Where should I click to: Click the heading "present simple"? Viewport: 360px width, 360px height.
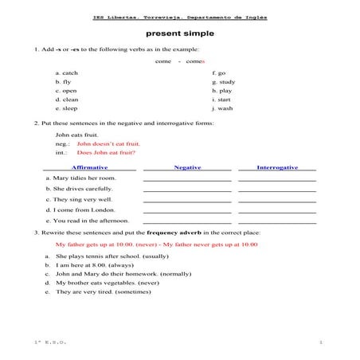(179, 34)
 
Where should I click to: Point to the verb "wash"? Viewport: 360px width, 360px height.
(225, 108)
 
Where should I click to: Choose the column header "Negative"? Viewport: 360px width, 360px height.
(187, 167)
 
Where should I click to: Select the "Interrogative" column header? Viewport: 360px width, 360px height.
(277, 167)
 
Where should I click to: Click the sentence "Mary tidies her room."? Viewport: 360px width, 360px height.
(84, 178)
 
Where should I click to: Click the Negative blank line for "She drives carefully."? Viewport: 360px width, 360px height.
(187, 191)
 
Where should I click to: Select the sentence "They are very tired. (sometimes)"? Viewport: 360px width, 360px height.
(104, 292)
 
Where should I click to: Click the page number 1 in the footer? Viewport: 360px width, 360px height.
(320, 341)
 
